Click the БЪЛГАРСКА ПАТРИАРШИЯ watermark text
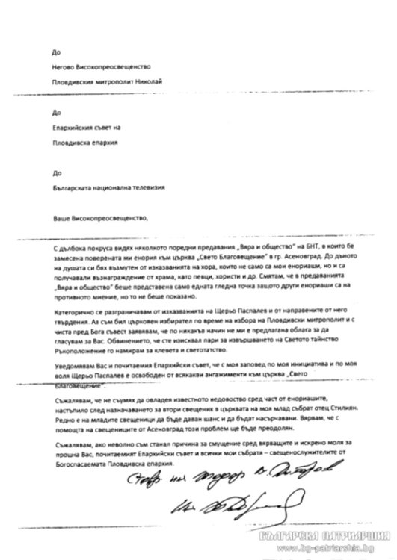[332, 538]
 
